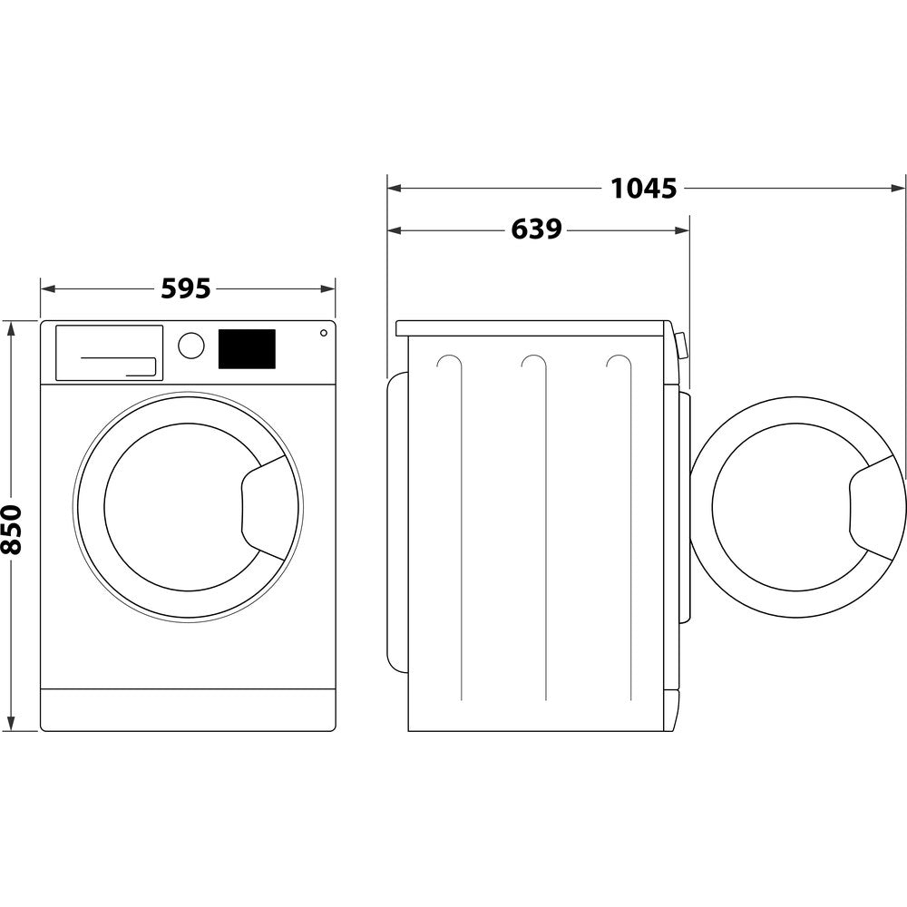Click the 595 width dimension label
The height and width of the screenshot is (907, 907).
click(x=186, y=288)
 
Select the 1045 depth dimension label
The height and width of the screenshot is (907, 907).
click(x=643, y=188)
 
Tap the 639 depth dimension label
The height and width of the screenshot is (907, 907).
click(x=536, y=229)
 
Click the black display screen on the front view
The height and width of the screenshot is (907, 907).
click(x=247, y=349)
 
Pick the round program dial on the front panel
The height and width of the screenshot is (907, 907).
click(x=191, y=346)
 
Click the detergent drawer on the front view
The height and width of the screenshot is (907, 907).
click(x=109, y=353)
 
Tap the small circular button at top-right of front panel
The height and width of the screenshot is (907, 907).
click(x=323, y=333)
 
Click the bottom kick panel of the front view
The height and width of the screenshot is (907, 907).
click(x=188, y=709)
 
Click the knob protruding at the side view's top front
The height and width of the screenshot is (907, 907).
click(x=681, y=345)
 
